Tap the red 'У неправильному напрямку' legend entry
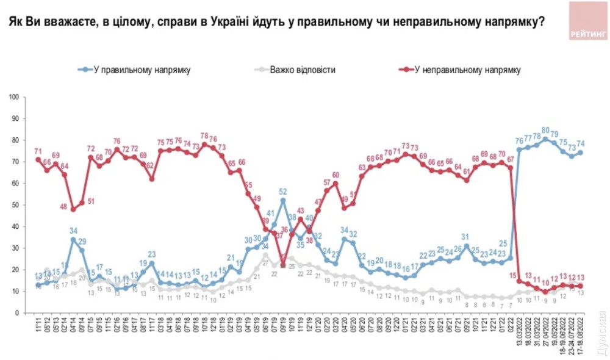coord(467,70)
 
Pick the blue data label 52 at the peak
coord(283,191)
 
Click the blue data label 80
coord(546,130)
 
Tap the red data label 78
coord(205,136)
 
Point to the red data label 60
coord(335,176)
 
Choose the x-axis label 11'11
coord(38,326)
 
